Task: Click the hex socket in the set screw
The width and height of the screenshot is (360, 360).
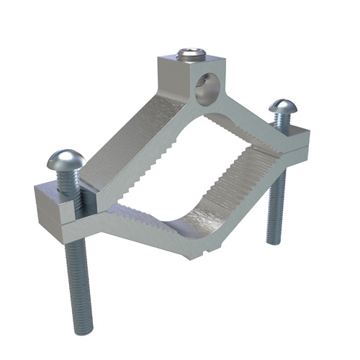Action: click(x=190, y=53)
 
